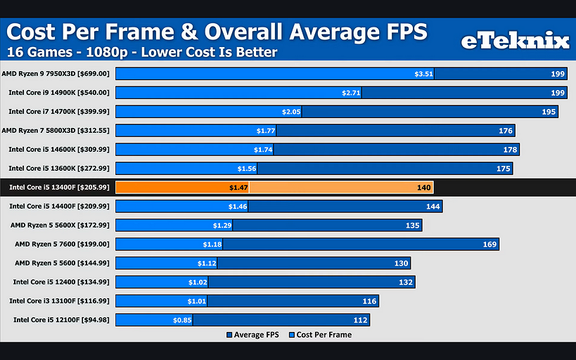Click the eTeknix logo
(514, 41)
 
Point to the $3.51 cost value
(423, 73)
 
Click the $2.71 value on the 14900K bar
(351, 92)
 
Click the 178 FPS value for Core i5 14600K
(508, 149)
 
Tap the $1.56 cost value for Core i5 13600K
(247, 168)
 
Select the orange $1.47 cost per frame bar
(182, 187)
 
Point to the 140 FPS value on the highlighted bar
(423, 187)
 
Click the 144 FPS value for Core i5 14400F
(432, 206)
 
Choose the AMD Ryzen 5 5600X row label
(60, 225)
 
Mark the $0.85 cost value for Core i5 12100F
(183, 320)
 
